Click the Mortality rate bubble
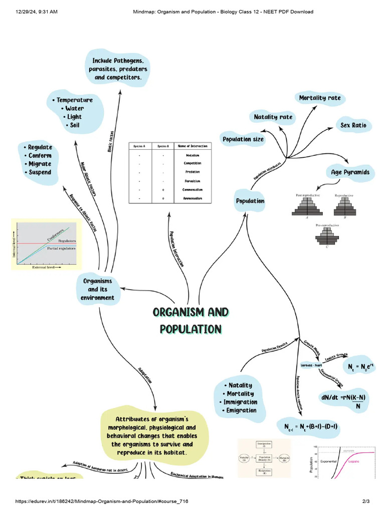(x=319, y=98)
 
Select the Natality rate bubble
(x=273, y=117)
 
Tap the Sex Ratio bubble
(x=353, y=125)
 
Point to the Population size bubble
(x=243, y=139)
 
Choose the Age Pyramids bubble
(x=350, y=172)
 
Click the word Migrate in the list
(x=40, y=164)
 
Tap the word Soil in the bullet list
(x=75, y=125)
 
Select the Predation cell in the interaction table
(x=192, y=172)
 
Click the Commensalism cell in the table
(x=192, y=189)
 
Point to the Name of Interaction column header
(x=192, y=146)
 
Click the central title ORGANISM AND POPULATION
(x=190, y=321)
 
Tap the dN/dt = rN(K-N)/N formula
(x=343, y=401)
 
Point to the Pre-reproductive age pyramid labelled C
(x=327, y=237)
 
